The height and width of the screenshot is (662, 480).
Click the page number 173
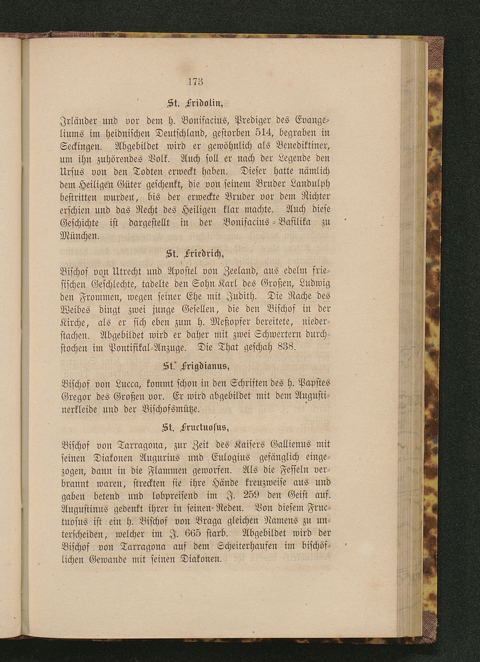click(195, 81)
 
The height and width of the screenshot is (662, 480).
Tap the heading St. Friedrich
click(195, 254)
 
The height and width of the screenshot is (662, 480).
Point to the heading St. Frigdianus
click(195, 367)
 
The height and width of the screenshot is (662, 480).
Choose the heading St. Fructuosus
click(195, 428)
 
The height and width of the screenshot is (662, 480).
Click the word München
click(80, 236)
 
